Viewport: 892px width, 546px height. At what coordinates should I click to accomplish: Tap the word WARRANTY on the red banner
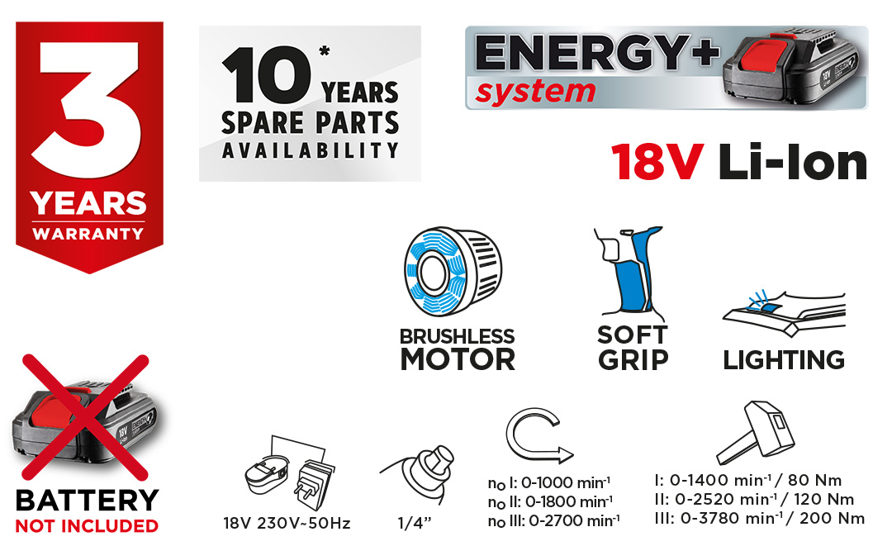coord(88,234)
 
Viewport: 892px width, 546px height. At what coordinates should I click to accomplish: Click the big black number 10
coord(266,75)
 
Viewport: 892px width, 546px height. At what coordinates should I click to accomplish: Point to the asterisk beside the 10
coord(325,51)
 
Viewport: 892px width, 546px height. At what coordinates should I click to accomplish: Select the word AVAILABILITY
coord(310,150)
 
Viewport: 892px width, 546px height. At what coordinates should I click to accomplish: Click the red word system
coord(535,93)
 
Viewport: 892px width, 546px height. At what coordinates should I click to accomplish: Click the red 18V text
coord(657,163)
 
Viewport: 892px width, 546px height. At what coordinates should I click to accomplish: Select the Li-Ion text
coord(792,162)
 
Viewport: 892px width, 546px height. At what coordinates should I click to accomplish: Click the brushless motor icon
coord(453,271)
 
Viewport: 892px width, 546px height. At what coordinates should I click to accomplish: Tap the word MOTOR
coord(458,359)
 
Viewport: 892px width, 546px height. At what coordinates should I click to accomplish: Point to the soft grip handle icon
coord(629,272)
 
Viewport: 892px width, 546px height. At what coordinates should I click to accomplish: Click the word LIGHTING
coord(784,360)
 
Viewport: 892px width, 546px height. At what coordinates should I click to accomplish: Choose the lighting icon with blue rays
coord(784,313)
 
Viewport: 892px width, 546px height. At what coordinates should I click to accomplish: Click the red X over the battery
coord(85,418)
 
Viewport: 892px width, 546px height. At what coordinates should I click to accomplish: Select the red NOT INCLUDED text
coord(87,526)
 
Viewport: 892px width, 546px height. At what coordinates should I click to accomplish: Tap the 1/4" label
coord(414,523)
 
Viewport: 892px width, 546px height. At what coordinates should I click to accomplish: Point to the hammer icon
coord(755,432)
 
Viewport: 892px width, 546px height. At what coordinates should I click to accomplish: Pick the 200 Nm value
coord(832,518)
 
